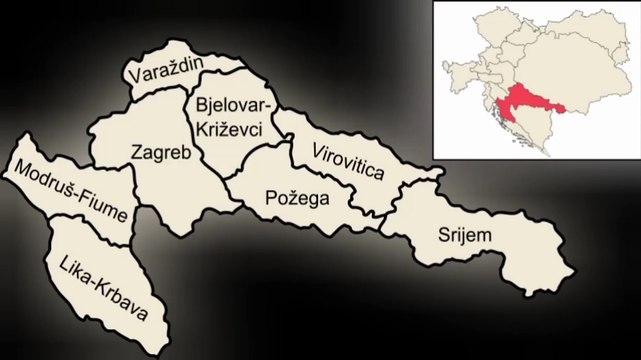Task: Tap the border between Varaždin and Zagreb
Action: pyautogui.click(x=160, y=95)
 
